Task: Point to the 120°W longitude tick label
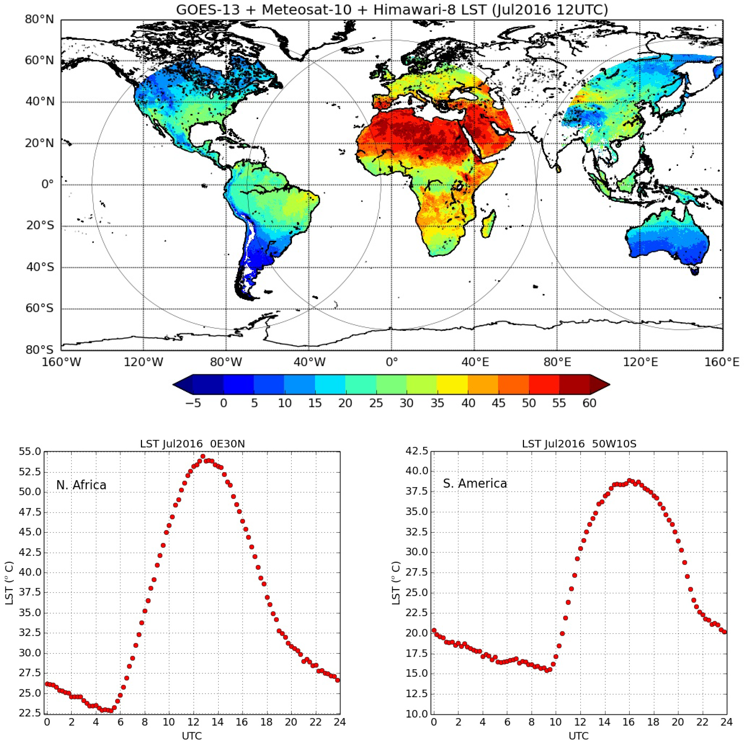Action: tap(143, 362)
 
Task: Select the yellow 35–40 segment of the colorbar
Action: tap(452, 384)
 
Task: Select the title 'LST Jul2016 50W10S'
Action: tap(579, 444)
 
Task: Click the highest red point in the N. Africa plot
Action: tap(203, 456)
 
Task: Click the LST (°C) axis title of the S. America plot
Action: tap(396, 583)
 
